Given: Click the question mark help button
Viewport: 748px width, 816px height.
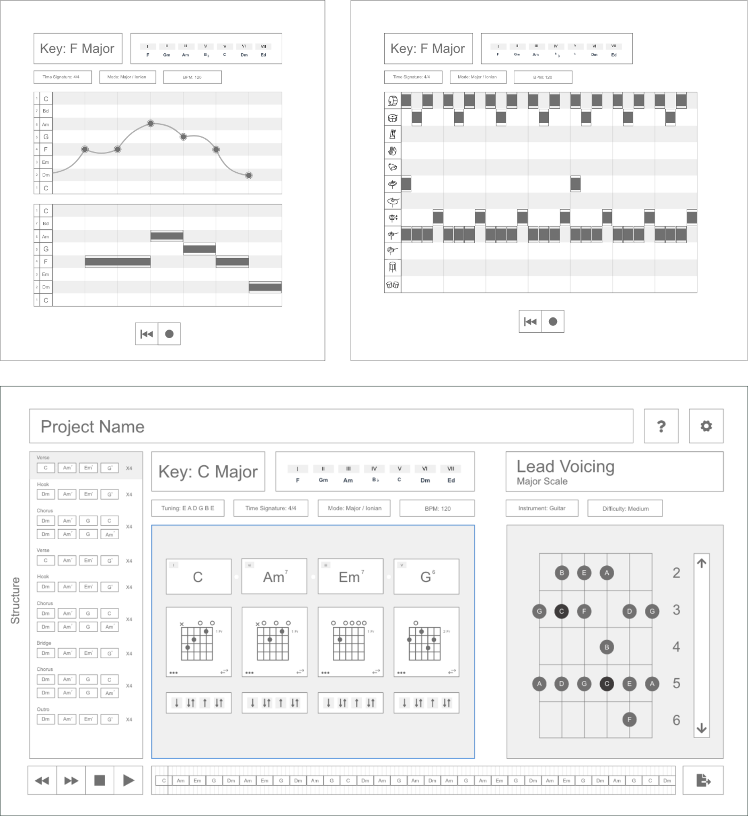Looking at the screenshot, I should [x=661, y=426].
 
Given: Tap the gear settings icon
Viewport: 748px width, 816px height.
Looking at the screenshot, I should [x=706, y=426].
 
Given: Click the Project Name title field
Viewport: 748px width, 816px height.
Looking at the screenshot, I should [x=331, y=426].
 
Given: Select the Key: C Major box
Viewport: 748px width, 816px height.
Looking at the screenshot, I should [x=208, y=471].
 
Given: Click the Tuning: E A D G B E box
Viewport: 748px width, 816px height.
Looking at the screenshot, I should [x=188, y=508].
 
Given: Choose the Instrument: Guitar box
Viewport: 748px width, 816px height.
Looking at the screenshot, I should [x=542, y=508].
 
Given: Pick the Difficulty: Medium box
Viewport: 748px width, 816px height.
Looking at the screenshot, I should [x=625, y=508].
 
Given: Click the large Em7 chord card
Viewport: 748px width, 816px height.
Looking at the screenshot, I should [x=351, y=577].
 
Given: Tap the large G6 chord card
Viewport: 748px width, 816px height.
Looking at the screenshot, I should [x=426, y=577].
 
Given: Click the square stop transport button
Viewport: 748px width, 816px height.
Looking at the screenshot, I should [x=100, y=780].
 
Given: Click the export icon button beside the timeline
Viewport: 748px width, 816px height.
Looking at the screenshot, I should [x=703, y=780].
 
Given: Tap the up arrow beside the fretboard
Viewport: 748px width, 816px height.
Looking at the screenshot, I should [x=702, y=563].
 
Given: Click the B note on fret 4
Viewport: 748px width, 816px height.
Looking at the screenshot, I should [x=607, y=647].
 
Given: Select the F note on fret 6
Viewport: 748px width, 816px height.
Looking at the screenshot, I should [x=630, y=719].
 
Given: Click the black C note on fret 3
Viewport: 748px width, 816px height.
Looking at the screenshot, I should [x=561, y=611].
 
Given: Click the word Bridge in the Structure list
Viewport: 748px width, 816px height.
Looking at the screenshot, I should [x=44, y=643].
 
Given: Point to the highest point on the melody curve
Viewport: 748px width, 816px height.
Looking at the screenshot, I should [x=151, y=123].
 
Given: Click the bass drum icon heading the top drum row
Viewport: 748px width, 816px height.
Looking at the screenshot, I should [x=393, y=100].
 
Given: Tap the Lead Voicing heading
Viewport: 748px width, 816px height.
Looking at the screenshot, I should [x=566, y=467].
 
